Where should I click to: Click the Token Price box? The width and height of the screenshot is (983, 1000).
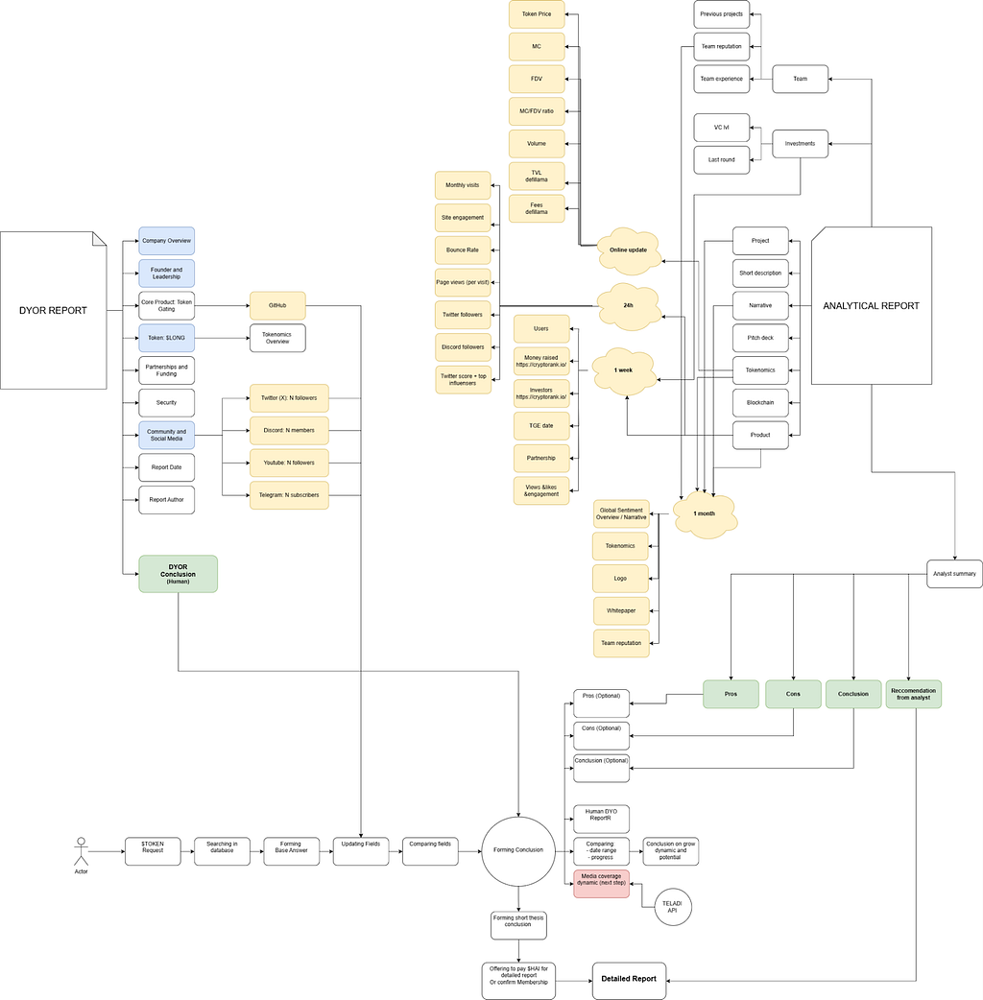pyautogui.click(x=537, y=14)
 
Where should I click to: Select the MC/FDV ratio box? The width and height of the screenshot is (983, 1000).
pyautogui.click(x=537, y=111)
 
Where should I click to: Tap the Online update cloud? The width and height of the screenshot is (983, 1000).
pyautogui.click(x=629, y=250)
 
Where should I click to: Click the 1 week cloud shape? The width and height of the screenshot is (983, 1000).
pyautogui.click(x=624, y=369)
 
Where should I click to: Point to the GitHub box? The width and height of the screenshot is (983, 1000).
pyautogui.click(x=277, y=306)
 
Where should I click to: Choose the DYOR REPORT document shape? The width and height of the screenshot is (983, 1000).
pyautogui.click(x=53, y=310)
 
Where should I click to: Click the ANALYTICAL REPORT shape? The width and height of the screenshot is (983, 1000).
pyautogui.click(x=871, y=306)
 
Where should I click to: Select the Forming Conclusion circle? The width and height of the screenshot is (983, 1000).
pyautogui.click(x=518, y=850)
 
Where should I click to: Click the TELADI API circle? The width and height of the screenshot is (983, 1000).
pyautogui.click(x=674, y=906)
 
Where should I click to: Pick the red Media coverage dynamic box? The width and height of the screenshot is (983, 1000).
pyautogui.click(x=601, y=884)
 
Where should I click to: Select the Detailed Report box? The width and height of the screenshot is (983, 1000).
pyautogui.click(x=629, y=980)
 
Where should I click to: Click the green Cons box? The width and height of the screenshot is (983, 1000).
pyautogui.click(x=793, y=694)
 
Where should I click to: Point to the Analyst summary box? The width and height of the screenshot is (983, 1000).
pyautogui.click(x=954, y=574)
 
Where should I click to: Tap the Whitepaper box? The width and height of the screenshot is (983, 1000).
pyautogui.click(x=621, y=610)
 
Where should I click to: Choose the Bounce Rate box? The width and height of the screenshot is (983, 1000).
pyautogui.click(x=463, y=250)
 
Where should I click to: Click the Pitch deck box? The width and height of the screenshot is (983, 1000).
pyautogui.click(x=760, y=338)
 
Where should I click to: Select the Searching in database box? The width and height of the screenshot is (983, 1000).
pyautogui.click(x=222, y=851)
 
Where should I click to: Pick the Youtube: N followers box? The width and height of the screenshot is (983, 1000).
pyautogui.click(x=289, y=463)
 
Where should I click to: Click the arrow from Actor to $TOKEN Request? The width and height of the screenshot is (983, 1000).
pyautogui.click(x=107, y=851)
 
